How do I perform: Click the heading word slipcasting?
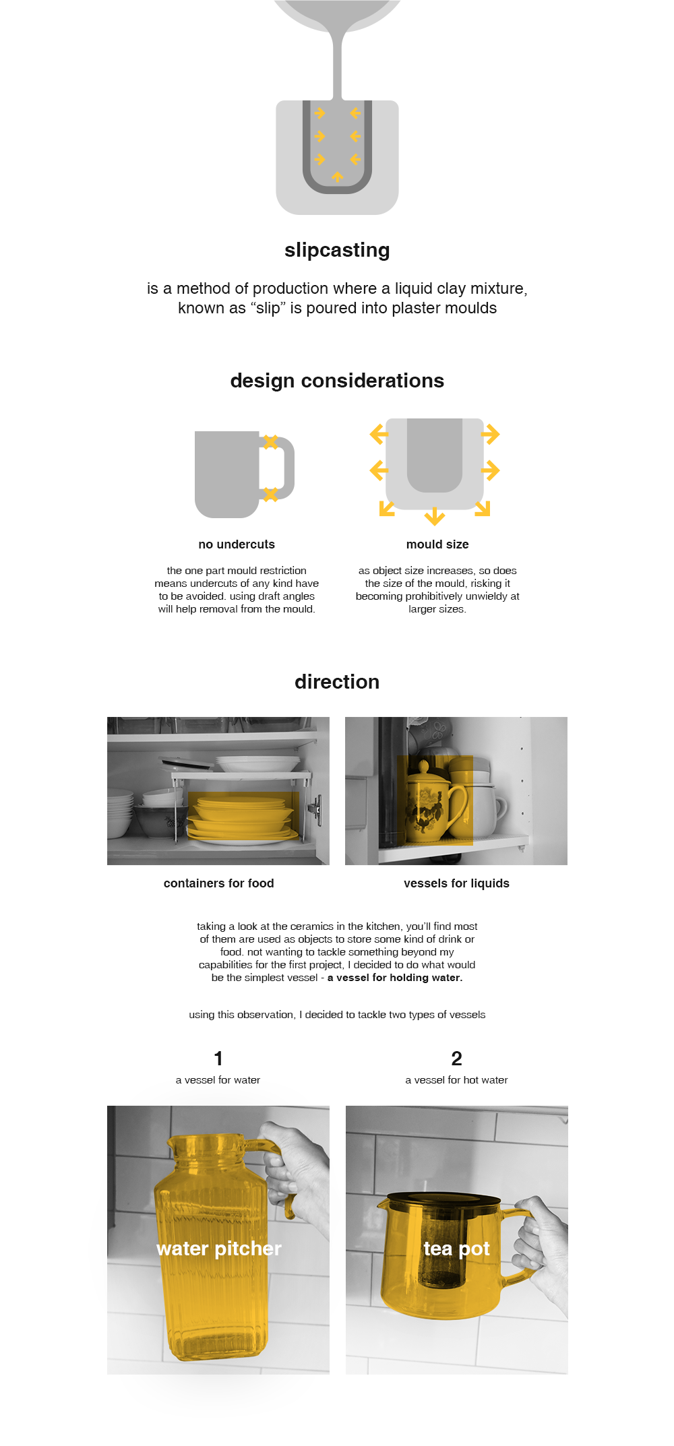(337, 250)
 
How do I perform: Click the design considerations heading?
(337, 381)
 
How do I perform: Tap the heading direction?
(337, 682)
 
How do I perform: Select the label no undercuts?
(237, 544)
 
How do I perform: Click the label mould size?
(437, 544)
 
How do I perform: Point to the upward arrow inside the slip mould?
(338, 177)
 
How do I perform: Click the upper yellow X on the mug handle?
(270, 442)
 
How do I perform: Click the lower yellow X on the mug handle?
(270, 495)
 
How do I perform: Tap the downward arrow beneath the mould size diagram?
(435, 517)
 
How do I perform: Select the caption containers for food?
(218, 883)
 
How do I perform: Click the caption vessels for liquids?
(456, 883)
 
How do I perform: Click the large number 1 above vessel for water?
(218, 1059)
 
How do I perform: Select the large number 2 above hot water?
(456, 1059)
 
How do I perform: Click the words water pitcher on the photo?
(218, 1249)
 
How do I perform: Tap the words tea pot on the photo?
(456, 1249)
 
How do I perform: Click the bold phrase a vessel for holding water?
(395, 978)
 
